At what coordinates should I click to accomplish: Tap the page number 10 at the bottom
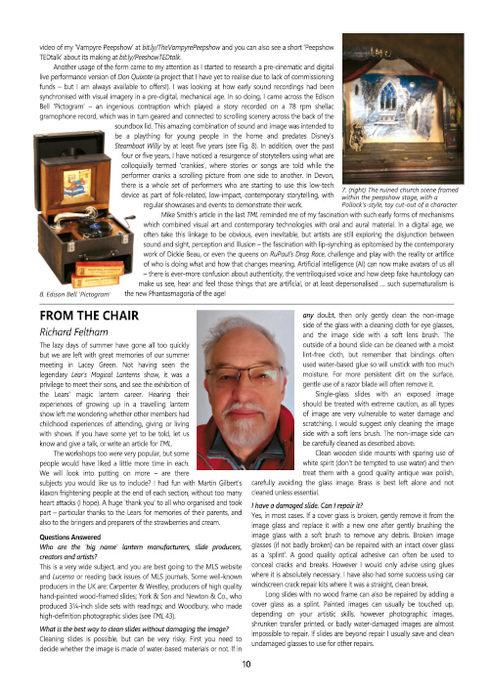[244, 665]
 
